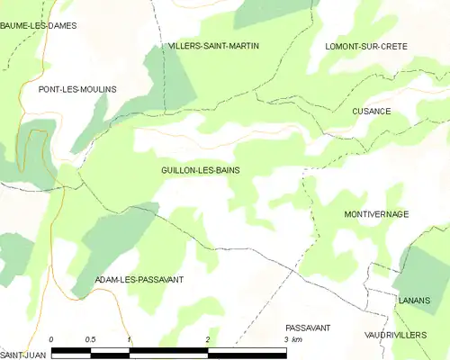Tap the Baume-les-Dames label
tap(39, 25)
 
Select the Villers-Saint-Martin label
tap(213, 45)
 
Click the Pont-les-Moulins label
tap(77, 90)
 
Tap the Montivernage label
tap(376, 214)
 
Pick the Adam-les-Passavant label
tap(139, 280)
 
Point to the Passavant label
tap(308, 328)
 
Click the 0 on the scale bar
tap(51, 339)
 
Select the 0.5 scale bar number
tap(90, 339)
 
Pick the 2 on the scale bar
tap(208, 339)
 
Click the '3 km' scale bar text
tap(292, 340)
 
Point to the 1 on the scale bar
tap(130, 339)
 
